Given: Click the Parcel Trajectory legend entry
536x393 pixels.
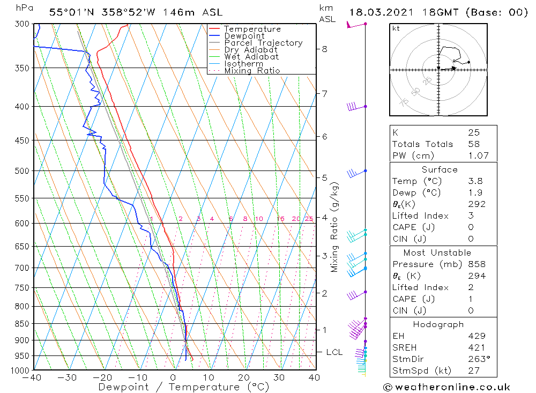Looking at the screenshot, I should point(263,43).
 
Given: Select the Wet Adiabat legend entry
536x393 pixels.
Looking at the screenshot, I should point(251,57).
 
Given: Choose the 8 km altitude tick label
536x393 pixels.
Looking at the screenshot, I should point(324,49).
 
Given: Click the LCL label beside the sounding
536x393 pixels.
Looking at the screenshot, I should point(334,352).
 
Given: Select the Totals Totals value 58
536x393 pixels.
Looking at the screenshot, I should point(474,144).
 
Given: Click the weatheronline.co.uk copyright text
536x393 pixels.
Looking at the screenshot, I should point(446,387).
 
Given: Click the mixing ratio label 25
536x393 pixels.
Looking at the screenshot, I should point(309,219).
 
